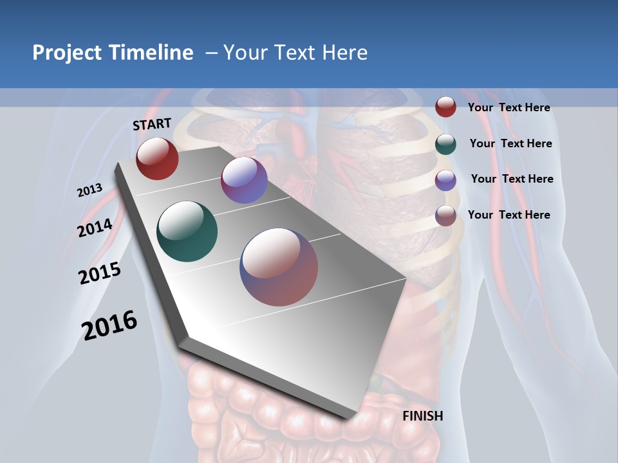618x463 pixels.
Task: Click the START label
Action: [152, 124]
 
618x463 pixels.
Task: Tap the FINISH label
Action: [422, 416]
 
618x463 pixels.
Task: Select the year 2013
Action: [89, 190]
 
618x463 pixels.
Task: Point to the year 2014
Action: [95, 228]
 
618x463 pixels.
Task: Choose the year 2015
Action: [100, 273]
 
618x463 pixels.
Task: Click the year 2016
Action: [109, 325]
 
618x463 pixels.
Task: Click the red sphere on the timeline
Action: [157, 158]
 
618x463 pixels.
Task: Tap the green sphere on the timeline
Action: [187, 232]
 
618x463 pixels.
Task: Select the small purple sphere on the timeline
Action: [244, 180]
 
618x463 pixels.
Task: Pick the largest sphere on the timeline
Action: [279, 267]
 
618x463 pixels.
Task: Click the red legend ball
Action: [445, 107]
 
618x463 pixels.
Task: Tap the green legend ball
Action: [445, 144]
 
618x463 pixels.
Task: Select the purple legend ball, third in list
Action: [445, 180]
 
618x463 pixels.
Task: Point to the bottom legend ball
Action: [445, 215]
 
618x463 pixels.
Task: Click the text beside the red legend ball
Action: [509, 107]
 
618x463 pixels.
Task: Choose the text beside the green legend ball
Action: [510, 143]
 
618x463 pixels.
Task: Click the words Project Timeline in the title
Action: [113, 53]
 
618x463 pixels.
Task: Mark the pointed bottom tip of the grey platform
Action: [351, 417]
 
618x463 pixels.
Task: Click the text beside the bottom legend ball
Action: [509, 215]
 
